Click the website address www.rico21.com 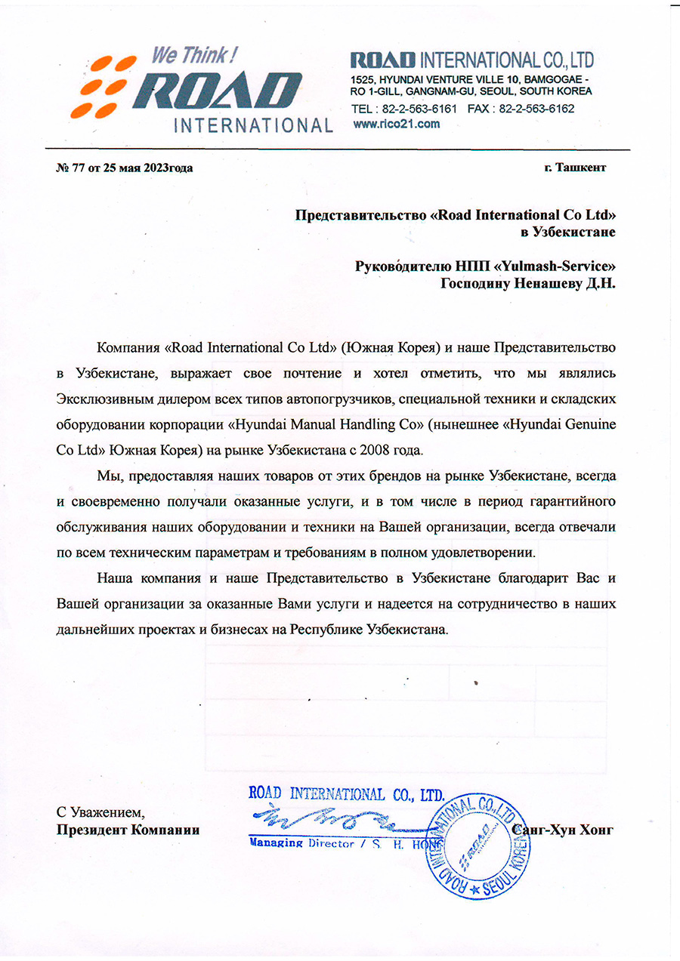tap(396, 124)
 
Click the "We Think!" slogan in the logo tap(195, 55)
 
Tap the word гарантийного tap(571, 502)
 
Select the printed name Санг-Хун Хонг tap(563, 830)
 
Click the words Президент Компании tap(128, 830)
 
